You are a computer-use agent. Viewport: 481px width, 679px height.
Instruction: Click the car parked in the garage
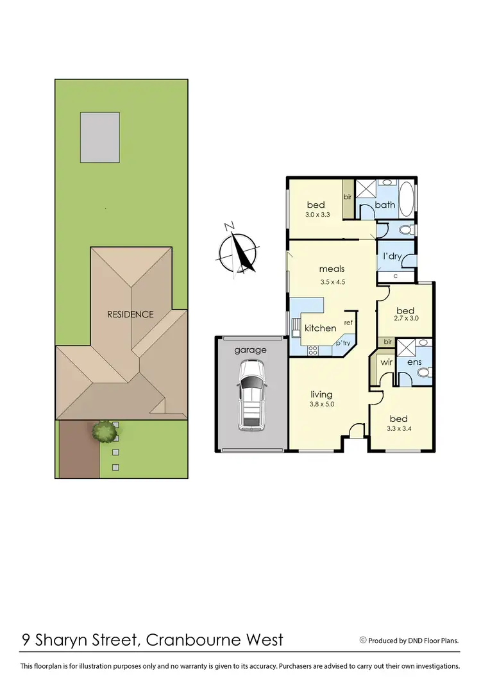(251, 395)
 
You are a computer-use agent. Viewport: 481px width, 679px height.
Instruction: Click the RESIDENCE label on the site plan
(130, 314)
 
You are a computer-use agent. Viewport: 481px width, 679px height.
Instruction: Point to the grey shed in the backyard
(99, 137)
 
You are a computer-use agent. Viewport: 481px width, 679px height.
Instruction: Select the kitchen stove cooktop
(314, 350)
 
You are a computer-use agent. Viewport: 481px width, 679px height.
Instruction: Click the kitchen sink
(296, 327)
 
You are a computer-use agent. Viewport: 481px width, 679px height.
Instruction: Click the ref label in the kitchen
(348, 323)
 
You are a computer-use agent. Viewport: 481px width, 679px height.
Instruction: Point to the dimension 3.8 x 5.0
(322, 404)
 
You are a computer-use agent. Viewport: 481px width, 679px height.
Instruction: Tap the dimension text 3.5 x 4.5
(332, 281)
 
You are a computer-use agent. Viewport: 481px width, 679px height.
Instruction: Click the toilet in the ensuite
(423, 371)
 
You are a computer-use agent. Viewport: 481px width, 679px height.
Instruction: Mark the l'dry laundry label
(392, 256)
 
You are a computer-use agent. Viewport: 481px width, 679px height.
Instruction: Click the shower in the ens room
(405, 348)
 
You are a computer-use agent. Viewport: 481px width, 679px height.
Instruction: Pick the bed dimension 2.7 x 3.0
(405, 319)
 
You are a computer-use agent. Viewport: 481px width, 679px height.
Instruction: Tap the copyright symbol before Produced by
(363, 640)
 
